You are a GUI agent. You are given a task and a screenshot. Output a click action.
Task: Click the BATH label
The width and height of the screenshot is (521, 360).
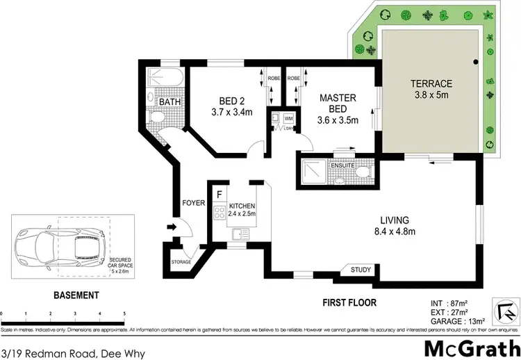point(169,103)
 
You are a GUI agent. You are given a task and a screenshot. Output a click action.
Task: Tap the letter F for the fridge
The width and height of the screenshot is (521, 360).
point(219,194)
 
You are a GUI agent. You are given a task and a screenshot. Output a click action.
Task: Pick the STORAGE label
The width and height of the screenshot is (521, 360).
point(181,262)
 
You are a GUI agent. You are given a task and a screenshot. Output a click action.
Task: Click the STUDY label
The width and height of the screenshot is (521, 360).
point(361,270)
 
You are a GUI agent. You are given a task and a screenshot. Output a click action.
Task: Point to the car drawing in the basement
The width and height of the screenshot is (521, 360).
point(59,247)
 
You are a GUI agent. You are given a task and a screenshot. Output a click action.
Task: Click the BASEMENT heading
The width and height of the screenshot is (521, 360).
point(76,295)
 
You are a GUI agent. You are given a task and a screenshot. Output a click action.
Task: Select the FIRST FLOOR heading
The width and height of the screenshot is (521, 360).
point(349,302)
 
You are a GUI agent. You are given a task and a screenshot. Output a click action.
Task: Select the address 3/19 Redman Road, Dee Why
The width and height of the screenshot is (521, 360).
point(73,335)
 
